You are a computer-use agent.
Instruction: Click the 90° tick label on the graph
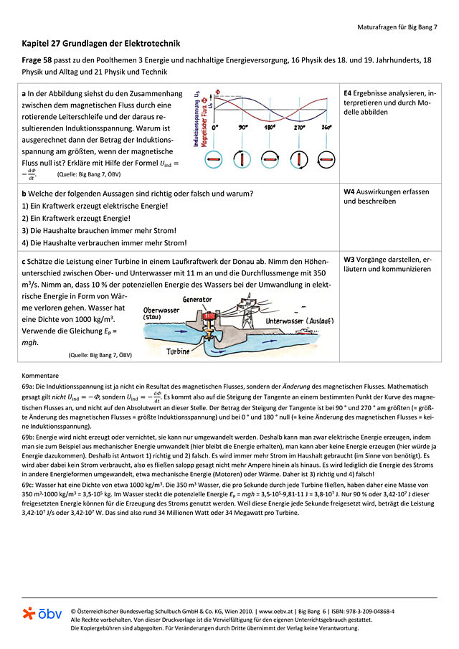(243, 127)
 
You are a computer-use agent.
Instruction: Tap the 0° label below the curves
(215, 127)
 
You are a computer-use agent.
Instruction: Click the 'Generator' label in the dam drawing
(197, 299)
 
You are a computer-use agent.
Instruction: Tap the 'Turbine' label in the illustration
(178, 352)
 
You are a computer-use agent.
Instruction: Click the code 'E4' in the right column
(348, 94)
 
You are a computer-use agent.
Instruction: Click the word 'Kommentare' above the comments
(40, 375)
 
